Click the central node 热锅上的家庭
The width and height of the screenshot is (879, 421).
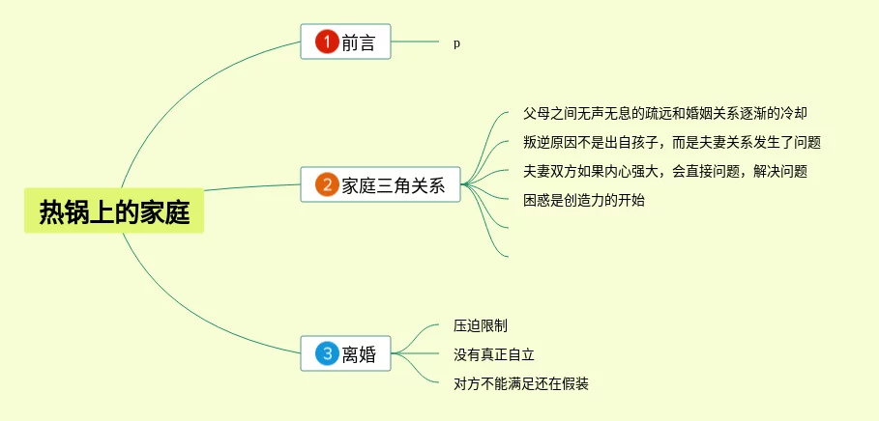(114, 210)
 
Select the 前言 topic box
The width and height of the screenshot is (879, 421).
(345, 42)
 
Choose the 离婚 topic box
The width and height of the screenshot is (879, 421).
(345, 354)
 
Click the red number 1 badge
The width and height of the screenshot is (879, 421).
(327, 42)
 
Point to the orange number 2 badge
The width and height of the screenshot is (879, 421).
(327, 185)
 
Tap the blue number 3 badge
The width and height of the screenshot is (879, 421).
(327, 354)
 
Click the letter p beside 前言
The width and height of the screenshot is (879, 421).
(456, 43)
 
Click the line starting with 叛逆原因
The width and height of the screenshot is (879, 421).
(671, 142)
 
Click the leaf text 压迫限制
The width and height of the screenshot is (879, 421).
(481, 325)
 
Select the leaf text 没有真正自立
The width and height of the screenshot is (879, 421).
(494, 354)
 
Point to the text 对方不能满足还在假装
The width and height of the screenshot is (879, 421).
(521, 383)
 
